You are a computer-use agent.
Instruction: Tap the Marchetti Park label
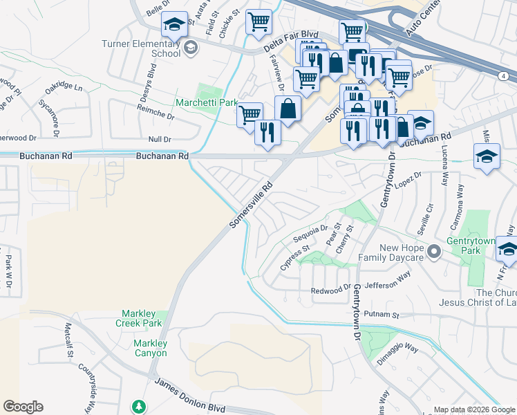pyautogui.click(x=206, y=102)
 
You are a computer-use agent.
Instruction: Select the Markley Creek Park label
pyautogui.click(x=141, y=318)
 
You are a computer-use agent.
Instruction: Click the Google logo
pyautogui.click(x=23, y=407)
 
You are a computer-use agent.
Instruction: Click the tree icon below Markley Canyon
pyautogui.click(x=140, y=405)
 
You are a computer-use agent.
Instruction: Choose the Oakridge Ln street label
pyautogui.click(x=64, y=89)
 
